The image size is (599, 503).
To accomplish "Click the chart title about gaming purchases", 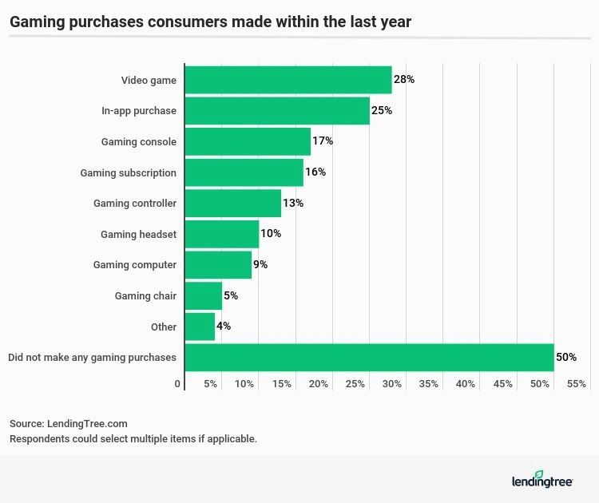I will click(210, 22).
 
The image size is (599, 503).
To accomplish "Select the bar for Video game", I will click(288, 80).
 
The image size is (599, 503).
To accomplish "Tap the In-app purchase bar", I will click(277, 111).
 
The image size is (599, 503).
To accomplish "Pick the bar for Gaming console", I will click(248, 141).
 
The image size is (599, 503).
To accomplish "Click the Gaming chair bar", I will click(203, 295).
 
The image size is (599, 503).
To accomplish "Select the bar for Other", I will click(200, 327).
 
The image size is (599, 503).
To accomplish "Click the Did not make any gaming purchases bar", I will click(369, 358).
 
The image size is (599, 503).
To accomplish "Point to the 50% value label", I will click(565, 358).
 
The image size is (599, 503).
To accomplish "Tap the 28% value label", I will click(403, 80).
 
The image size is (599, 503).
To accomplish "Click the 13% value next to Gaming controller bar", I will click(292, 204).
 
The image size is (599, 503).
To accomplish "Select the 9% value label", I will click(260, 265).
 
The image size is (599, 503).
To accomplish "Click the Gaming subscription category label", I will click(128, 172).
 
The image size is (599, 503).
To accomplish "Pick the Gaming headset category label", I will click(138, 234).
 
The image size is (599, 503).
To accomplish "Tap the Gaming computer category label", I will click(134, 265).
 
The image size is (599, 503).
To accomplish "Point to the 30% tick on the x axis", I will click(392, 384).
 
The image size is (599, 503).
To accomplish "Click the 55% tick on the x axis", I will click(577, 384).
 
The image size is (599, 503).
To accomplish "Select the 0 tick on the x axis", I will click(178, 384).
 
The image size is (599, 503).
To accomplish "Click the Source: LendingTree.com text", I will click(69, 424).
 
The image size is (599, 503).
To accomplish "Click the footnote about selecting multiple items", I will click(133, 439).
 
